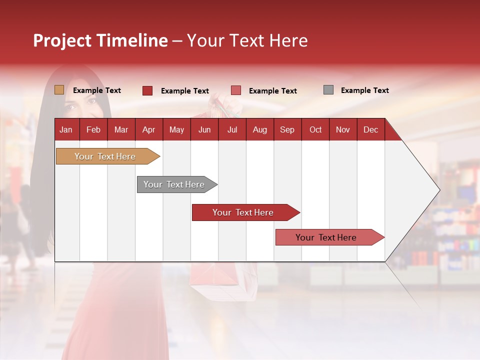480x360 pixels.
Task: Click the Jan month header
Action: click(x=66, y=129)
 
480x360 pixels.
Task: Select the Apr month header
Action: click(x=148, y=129)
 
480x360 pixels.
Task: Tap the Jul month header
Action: click(x=232, y=129)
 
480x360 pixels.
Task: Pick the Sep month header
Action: click(x=287, y=129)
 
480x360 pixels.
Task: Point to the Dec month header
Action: click(x=370, y=129)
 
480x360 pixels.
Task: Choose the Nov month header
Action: click(x=342, y=129)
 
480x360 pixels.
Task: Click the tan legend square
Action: click(x=59, y=90)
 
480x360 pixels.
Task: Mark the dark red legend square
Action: click(x=147, y=90)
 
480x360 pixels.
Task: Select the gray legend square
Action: click(x=328, y=90)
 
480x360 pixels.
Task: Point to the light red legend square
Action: click(x=236, y=90)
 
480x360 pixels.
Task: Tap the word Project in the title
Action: click(x=62, y=40)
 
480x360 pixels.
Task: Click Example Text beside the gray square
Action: click(x=364, y=90)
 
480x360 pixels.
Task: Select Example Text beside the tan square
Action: click(x=96, y=90)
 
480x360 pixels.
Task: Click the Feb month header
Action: click(x=93, y=129)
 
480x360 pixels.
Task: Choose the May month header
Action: click(x=176, y=129)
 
